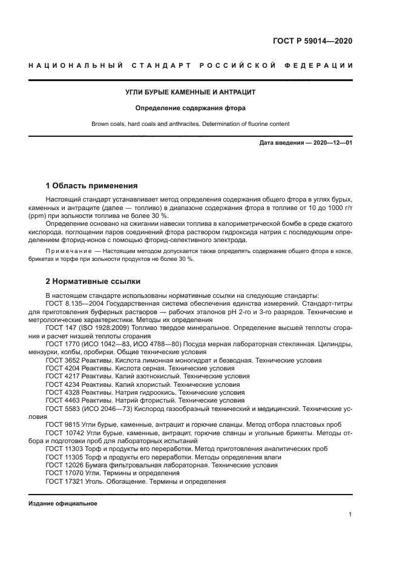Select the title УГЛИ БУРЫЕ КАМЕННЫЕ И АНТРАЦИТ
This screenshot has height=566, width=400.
pos(190,93)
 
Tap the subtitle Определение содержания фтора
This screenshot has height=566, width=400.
pos(190,109)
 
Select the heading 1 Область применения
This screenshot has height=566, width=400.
pos(92,185)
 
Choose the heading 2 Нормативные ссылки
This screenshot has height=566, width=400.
pos(93,281)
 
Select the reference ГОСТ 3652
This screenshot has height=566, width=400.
pos(62,360)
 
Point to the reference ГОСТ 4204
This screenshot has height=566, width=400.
pos(62,368)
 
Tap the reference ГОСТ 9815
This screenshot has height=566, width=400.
pos(62,425)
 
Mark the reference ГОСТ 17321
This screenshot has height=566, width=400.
pos(64,481)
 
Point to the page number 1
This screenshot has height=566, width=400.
pos(350,515)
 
